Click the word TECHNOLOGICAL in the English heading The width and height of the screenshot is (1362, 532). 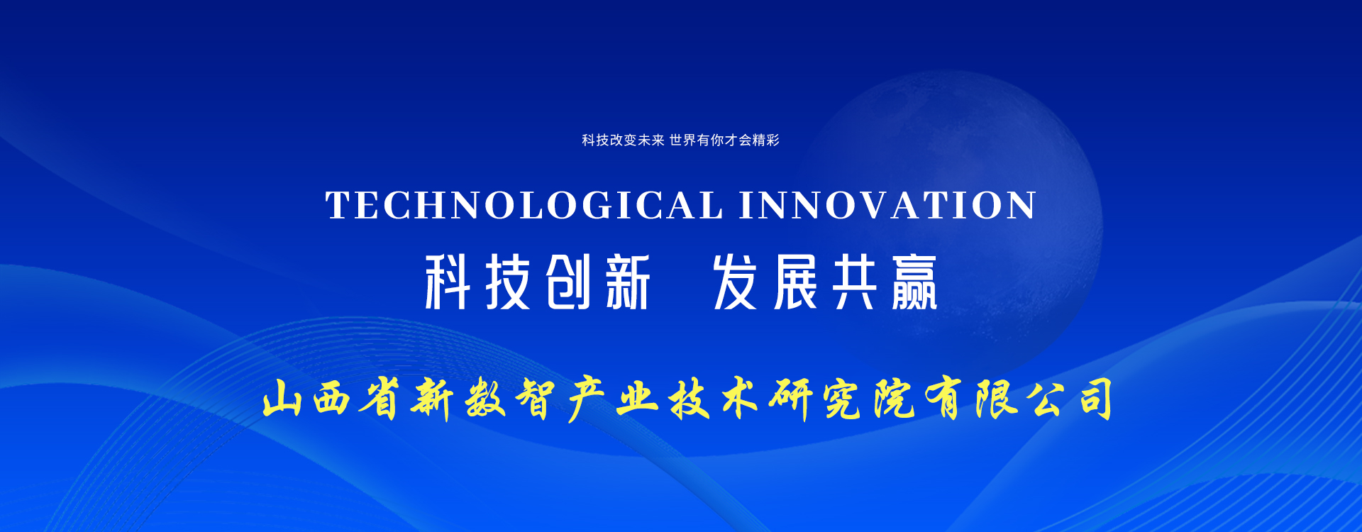click(x=524, y=206)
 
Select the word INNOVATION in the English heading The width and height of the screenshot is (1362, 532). click(x=887, y=206)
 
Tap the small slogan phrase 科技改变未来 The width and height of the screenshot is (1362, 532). click(x=623, y=140)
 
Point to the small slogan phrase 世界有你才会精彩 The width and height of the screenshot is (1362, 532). click(x=724, y=140)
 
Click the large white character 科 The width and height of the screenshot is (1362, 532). click(x=448, y=282)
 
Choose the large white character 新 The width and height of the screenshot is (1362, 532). click(x=628, y=282)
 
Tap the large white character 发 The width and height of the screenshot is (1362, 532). click(x=735, y=282)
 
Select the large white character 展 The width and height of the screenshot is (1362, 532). click(x=796, y=282)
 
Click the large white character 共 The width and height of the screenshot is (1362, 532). click(x=855, y=282)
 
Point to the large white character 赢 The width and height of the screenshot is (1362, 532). click(x=914, y=282)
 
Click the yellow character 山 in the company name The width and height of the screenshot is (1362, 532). click(x=282, y=400)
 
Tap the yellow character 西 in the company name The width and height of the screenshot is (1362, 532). click(x=332, y=400)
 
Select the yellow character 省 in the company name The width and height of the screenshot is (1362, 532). click(x=381, y=399)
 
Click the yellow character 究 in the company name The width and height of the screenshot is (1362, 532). click(x=843, y=400)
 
